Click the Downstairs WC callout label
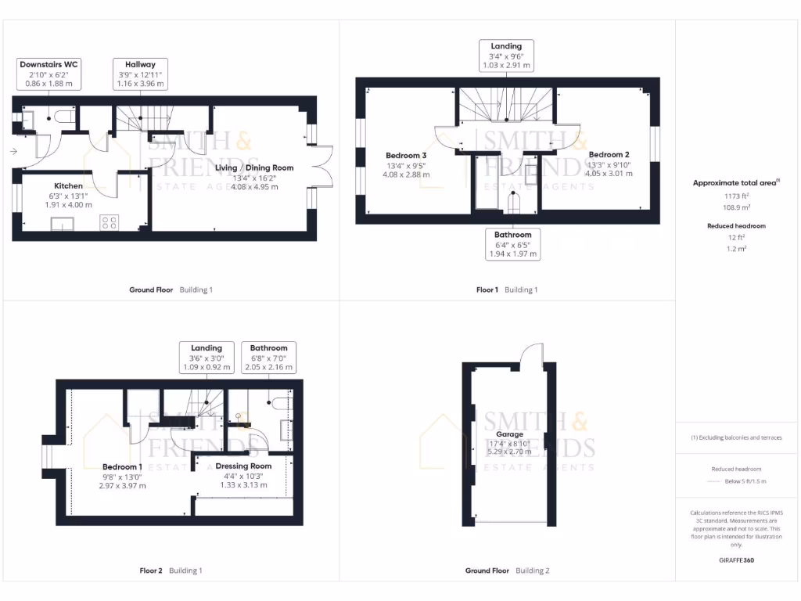click(49, 74)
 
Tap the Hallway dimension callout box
click(140, 74)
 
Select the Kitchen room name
click(68, 185)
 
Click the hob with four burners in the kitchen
click(109, 222)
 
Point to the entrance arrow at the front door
click(14, 151)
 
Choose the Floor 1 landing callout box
click(507, 56)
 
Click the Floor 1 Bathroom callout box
click(512, 244)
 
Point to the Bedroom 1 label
click(124, 466)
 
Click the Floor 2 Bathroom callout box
click(268, 357)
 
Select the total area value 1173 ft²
click(735, 197)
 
